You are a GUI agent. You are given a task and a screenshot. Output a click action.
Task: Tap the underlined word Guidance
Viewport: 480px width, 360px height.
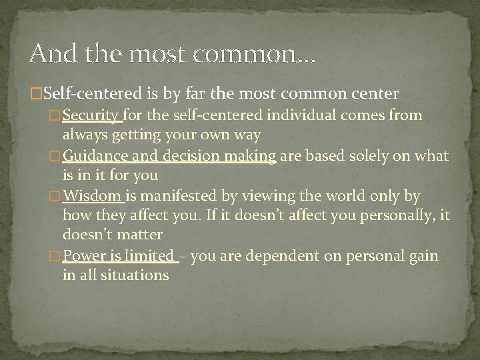tap(95, 156)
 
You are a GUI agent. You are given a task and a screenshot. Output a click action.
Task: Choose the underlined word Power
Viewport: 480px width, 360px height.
tap(82, 256)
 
